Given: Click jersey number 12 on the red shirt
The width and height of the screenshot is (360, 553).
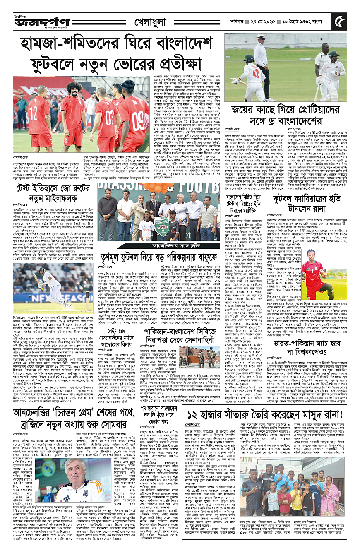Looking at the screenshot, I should (x=33, y=103).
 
